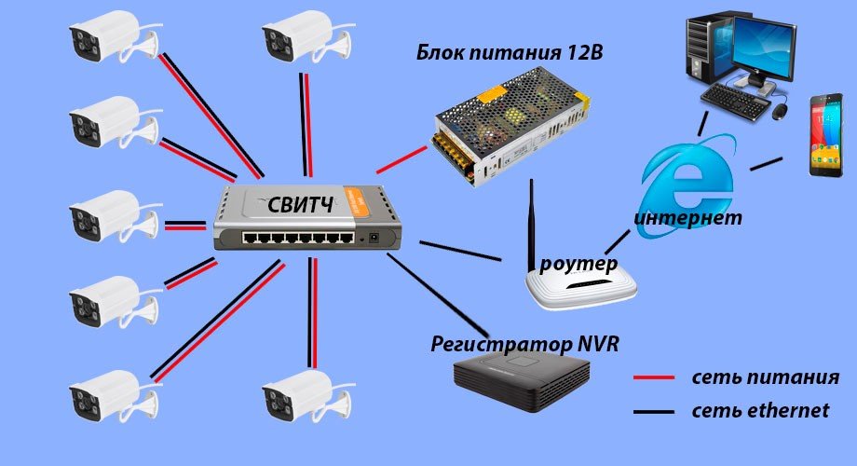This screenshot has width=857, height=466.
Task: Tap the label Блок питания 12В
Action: click(509, 52)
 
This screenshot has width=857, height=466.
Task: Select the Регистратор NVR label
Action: click(524, 344)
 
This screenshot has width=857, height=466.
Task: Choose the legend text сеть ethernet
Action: click(760, 410)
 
